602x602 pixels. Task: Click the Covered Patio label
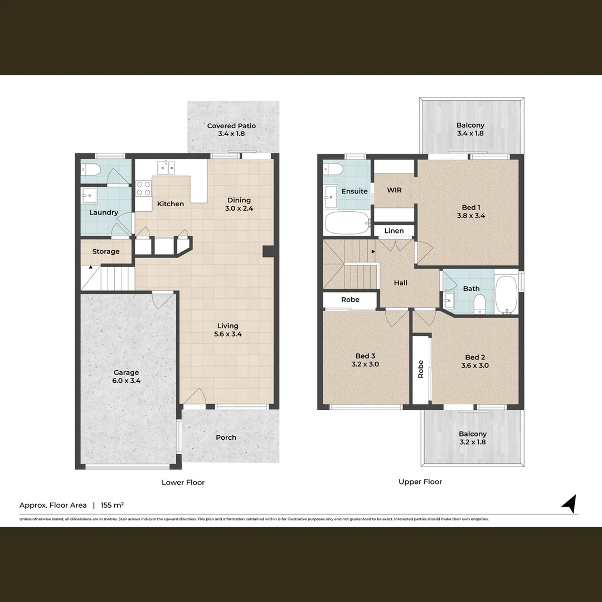tap(231, 129)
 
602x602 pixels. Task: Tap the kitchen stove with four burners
tap(144, 188)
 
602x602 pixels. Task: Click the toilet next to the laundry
tap(90, 171)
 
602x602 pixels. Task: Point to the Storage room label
tap(106, 251)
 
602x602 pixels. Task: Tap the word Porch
tap(226, 438)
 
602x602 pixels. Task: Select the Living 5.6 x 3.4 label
tap(228, 330)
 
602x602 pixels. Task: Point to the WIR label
tap(395, 190)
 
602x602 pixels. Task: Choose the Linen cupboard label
tap(394, 231)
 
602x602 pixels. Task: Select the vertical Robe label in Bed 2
tap(421, 369)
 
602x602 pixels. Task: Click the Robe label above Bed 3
tap(351, 300)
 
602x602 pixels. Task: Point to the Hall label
tap(401, 283)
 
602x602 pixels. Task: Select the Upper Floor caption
tap(420, 482)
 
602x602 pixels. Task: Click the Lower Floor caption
tap(183, 482)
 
